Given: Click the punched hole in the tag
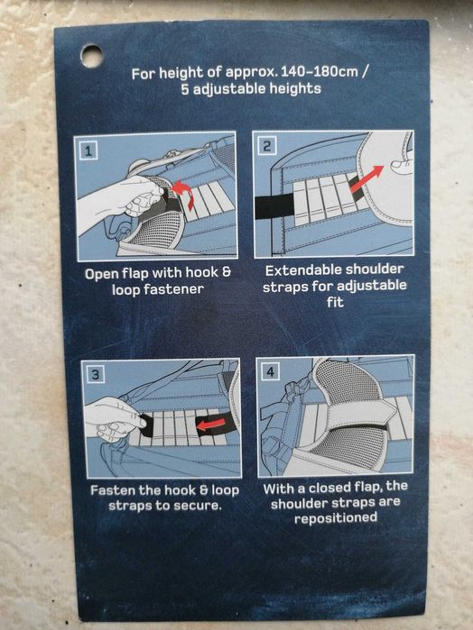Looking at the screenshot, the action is coord(91,56).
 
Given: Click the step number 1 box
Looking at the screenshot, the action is coord(88,151).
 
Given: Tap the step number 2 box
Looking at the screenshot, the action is coord(266,145).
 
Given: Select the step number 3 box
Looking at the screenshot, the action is coord(96,374).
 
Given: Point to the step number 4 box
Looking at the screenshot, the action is coord(270,371).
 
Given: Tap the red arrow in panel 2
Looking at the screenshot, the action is coord(367,178).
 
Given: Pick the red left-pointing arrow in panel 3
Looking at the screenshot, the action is coord(211,425).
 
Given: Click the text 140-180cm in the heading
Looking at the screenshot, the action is coord(320,72).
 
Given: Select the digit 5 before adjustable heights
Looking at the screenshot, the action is coord(184,89).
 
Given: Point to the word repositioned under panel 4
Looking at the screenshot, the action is coord(336,517).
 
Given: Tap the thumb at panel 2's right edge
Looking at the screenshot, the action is coord(402,165).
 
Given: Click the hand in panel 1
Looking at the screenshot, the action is coord(117,203).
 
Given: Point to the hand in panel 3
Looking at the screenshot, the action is coord(113,418).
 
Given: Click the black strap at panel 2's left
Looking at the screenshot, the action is coord(275,206).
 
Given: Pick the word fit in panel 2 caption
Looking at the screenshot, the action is coord(336,302).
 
